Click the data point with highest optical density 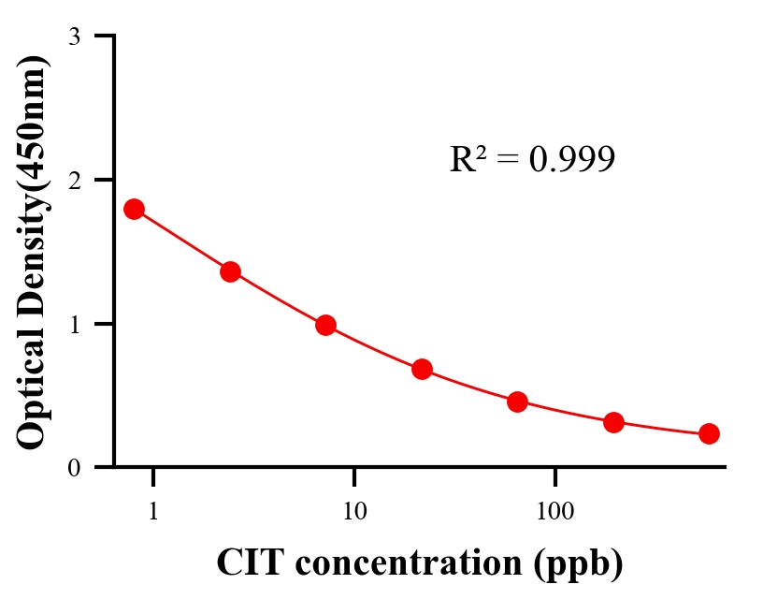(x=134, y=209)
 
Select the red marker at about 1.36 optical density (x=230, y=271)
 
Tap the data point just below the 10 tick (x=325, y=325)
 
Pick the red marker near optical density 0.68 (x=422, y=369)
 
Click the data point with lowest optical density (x=709, y=433)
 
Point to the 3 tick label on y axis (x=73, y=37)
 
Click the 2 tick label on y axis (x=73, y=180)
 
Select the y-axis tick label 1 (x=73, y=324)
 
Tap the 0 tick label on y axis (x=73, y=468)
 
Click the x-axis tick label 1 (x=153, y=513)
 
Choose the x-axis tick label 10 (x=354, y=513)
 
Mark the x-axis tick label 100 (x=555, y=513)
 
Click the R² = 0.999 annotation (x=531, y=159)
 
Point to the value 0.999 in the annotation (x=571, y=159)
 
